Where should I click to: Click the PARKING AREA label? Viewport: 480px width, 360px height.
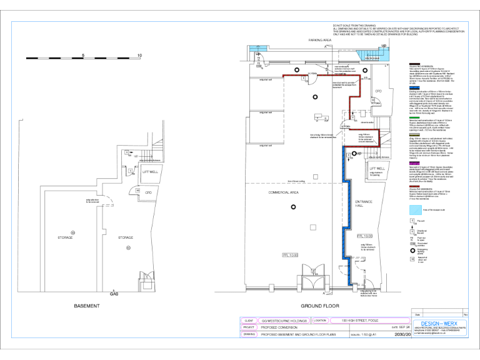coord(319,39)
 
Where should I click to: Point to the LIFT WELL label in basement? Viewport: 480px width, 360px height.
coord(149,171)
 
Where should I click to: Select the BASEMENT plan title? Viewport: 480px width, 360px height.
coord(87,306)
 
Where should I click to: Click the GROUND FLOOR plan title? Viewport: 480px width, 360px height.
coord(319,306)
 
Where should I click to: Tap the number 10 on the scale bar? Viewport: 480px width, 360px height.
coord(139,55)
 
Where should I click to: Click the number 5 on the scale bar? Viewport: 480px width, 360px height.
coord(83,55)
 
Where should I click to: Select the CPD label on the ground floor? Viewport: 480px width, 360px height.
coord(378,91)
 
